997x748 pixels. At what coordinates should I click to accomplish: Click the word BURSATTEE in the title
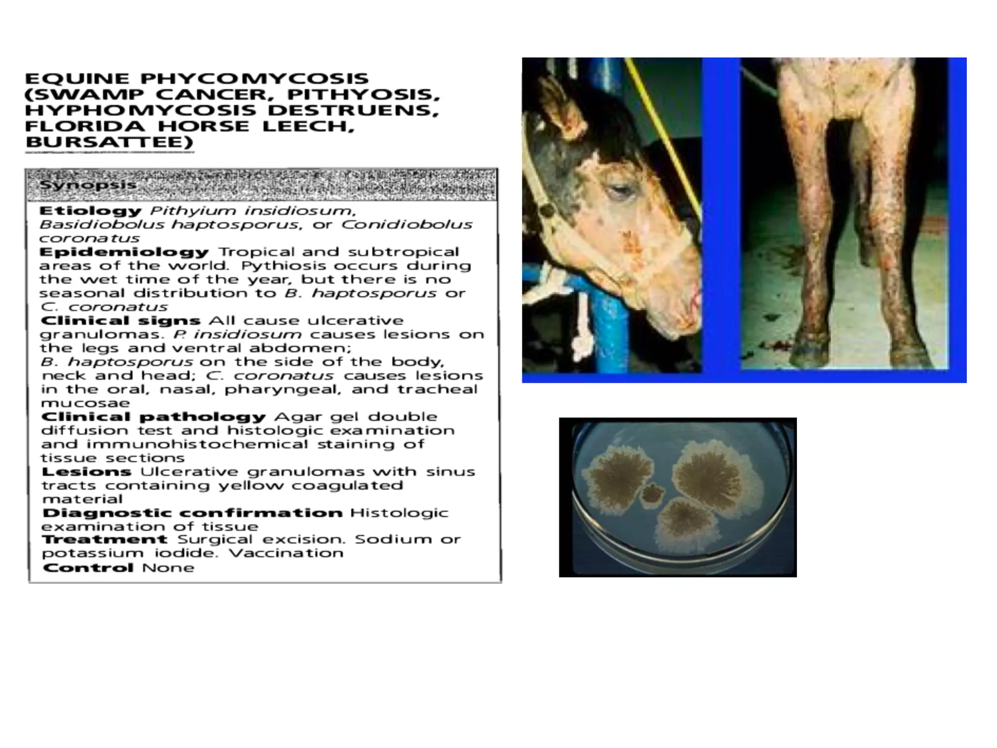tap(109, 142)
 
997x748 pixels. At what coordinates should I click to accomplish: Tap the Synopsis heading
tap(88, 186)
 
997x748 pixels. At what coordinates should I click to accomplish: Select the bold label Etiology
tap(91, 211)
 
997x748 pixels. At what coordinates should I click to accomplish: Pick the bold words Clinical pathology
tap(153, 417)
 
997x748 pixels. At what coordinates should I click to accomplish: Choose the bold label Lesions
tap(87, 472)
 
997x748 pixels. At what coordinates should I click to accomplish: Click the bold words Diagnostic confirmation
tap(192, 513)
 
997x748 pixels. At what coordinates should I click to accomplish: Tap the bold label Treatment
tap(105, 540)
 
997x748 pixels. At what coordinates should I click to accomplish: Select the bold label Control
tap(88, 568)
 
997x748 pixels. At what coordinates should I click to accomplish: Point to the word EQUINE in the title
tap(77, 79)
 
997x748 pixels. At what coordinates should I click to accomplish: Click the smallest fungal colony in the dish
tap(651, 494)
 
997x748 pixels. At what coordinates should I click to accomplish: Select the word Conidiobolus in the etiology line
tap(406, 225)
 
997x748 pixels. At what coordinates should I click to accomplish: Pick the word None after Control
tap(168, 568)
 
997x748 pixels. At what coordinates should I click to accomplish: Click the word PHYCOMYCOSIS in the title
tap(255, 79)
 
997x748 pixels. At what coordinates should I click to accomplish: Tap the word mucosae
tap(86, 403)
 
